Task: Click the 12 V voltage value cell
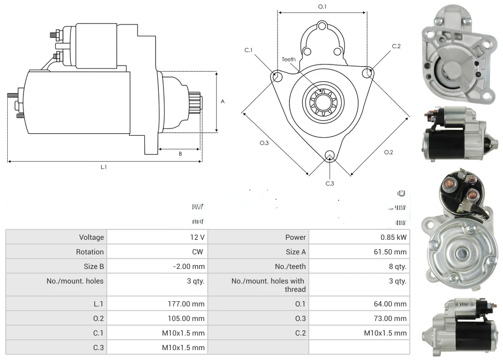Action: tap(198, 237)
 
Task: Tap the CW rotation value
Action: tap(199, 252)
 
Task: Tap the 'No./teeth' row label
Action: tap(291, 266)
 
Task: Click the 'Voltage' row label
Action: tap(92, 237)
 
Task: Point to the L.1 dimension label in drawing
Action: tap(104, 167)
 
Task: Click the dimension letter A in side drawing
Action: tap(222, 101)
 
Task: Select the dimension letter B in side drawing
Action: tap(180, 153)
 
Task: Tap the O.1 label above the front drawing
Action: tap(322, 7)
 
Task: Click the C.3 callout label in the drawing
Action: tap(330, 183)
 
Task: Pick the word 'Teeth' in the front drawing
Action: tap(288, 59)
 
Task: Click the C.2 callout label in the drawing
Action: tap(396, 46)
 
